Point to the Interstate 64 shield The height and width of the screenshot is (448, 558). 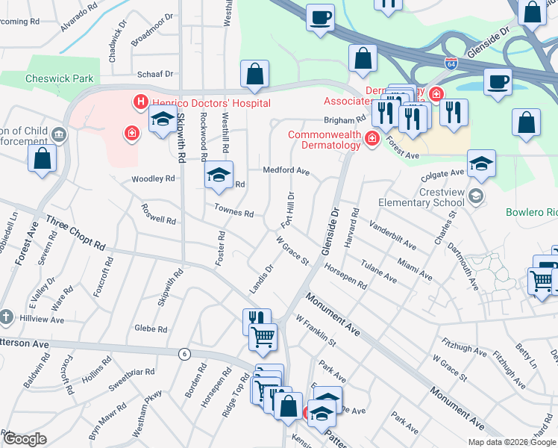[451, 63]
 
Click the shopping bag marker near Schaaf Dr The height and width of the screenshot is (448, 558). [254, 73]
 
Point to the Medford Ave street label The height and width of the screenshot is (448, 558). [286, 170]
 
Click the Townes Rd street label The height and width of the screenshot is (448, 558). [233, 212]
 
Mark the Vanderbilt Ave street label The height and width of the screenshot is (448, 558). [392, 234]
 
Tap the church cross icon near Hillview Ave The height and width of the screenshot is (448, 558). [6, 316]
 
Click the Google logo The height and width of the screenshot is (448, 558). [25, 439]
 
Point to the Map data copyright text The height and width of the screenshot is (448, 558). [511, 442]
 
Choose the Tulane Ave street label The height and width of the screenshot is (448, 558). [380, 273]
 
